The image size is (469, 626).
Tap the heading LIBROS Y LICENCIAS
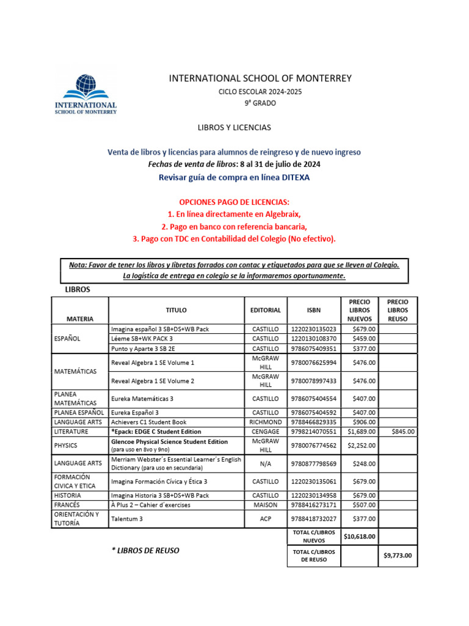[234, 128]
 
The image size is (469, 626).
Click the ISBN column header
[314, 310]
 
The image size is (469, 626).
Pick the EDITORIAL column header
[266, 310]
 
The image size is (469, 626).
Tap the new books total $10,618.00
[359, 537]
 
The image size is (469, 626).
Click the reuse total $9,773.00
[398, 556]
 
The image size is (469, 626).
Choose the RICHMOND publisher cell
[266, 422]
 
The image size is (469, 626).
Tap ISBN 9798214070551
[314, 432]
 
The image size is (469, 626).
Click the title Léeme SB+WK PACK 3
[142, 338]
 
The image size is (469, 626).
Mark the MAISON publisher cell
[266, 505]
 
